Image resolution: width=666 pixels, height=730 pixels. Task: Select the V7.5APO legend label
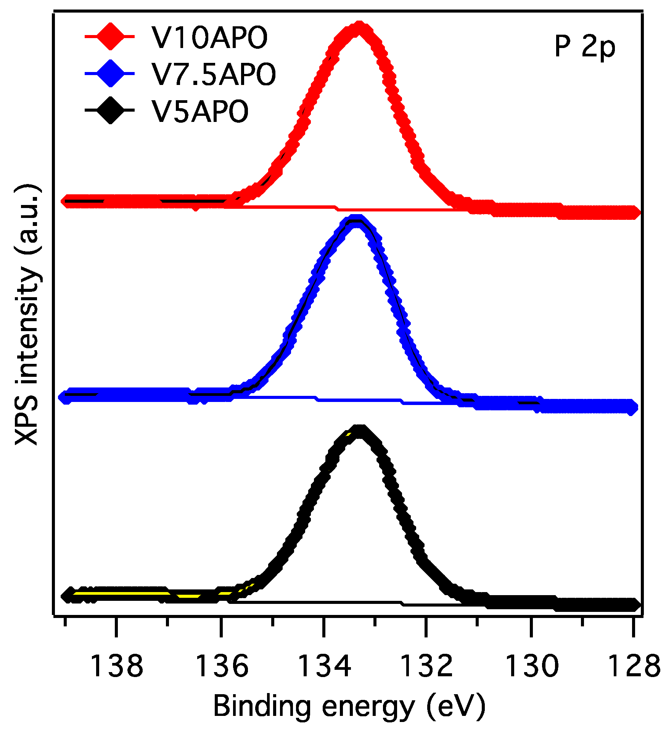pyautogui.click(x=214, y=74)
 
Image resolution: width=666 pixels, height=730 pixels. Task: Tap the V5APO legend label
pyautogui.click(x=200, y=111)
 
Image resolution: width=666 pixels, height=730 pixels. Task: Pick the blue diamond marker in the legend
pyautogui.click(x=110, y=73)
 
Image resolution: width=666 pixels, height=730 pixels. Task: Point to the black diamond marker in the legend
pyautogui.click(x=110, y=110)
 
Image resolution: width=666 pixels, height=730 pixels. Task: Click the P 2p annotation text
pyautogui.click(x=584, y=47)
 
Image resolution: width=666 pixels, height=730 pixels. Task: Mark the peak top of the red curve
pyautogui.click(x=359, y=28)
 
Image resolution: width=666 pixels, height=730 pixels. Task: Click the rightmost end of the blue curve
pyautogui.click(x=632, y=408)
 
